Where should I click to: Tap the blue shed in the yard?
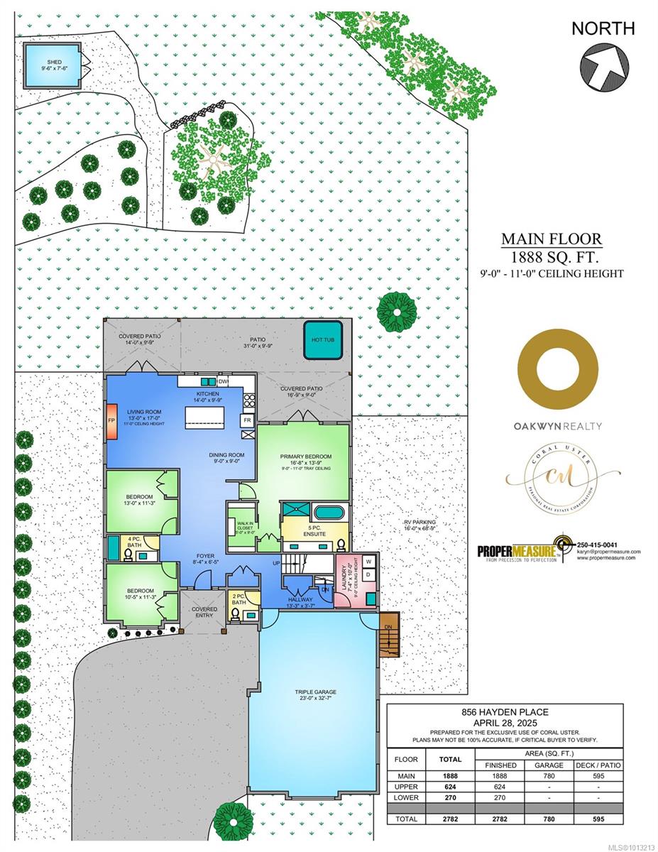pyautogui.click(x=52, y=63)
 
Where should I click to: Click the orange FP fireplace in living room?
pyautogui.click(x=111, y=420)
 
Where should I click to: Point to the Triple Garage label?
pyautogui.click(x=317, y=695)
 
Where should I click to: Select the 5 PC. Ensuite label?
pyautogui.click(x=314, y=530)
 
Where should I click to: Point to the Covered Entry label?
pyautogui.click(x=204, y=613)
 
